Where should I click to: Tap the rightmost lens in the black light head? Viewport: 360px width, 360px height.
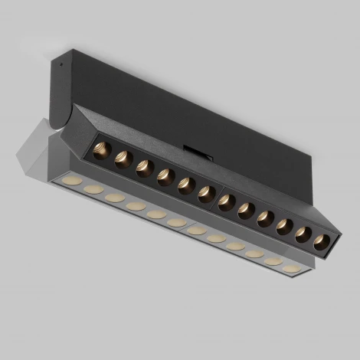[320, 243]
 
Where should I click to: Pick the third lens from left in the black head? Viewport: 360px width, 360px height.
[143, 169]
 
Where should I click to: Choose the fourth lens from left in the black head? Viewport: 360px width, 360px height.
[164, 178]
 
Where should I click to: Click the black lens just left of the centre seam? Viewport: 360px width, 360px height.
[205, 195]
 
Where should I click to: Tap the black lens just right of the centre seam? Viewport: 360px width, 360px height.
[226, 203]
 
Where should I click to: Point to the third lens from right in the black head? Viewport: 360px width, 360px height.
[283, 227]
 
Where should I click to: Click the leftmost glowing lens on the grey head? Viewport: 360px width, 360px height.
[74, 180]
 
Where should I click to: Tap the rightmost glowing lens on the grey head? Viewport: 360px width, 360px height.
[291, 268]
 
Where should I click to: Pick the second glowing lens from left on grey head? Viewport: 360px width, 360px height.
[94, 188]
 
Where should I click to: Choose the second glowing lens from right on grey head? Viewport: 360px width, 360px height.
[273, 261]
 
